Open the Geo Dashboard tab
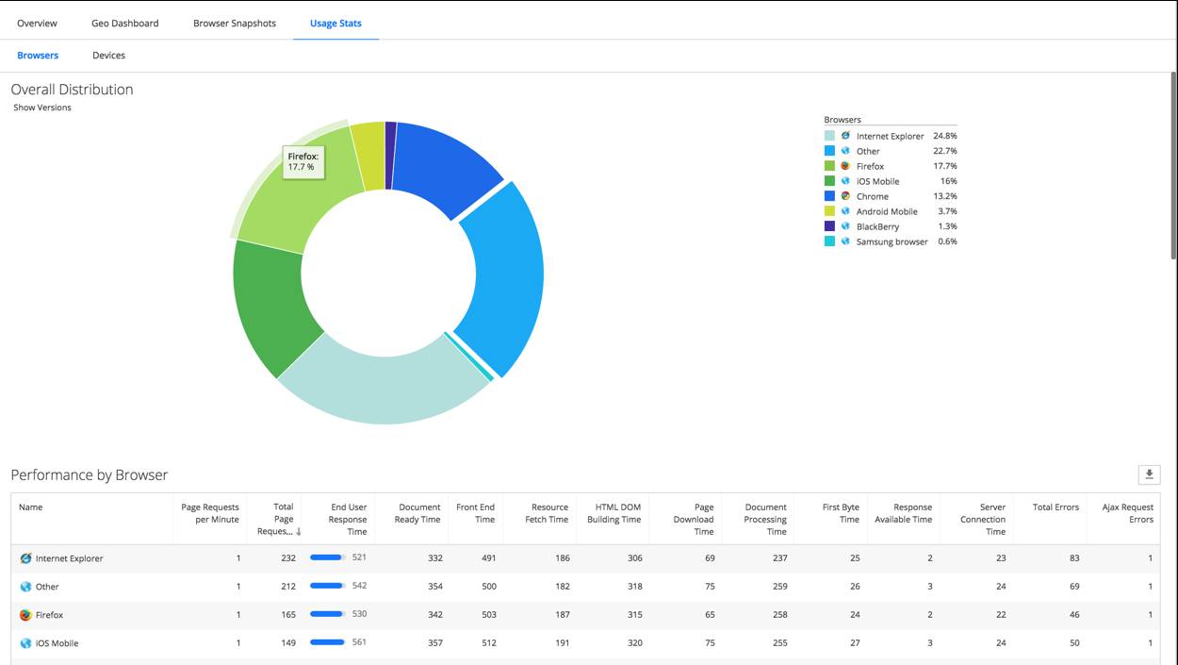[x=124, y=24]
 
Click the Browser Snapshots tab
[x=235, y=24]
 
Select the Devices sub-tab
[x=108, y=56]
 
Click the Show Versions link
[x=42, y=108]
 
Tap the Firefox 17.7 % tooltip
[x=303, y=161]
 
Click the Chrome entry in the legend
[x=872, y=196]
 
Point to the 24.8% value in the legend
[x=944, y=136]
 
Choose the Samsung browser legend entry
[x=892, y=241]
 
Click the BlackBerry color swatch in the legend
[x=829, y=226]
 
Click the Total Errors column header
[x=1055, y=507]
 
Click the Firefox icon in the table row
[x=25, y=615]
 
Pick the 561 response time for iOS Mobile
[x=357, y=642]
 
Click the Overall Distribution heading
[x=72, y=90]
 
